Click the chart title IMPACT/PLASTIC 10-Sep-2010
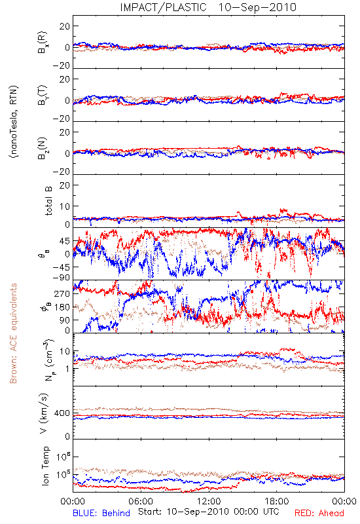pyautogui.click(x=208, y=7)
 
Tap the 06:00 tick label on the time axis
pyautogui.click(x=141, y=501)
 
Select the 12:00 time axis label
pyautogui.click(x=209, y=501)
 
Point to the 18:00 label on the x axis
pyautogui.click(x=277, y=501)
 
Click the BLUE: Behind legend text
pyautogui.click(x=101, y=513)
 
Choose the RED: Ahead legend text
pyautogui.click(x=319, y=513)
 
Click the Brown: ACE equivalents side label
pyautogui.click(x=13, y=333)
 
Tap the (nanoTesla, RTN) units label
pyautogui.click(x=14, y=122)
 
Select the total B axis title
pyautogui.click(x=48, y=201)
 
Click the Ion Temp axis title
pyautogui.click(x=45, y=466)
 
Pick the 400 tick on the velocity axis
pyautogui.click(x=62, y=413)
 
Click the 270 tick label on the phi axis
pyautogui.click(x=62, y=293)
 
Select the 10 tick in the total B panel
pyautogui.click(x=65, y=206)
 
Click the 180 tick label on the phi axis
pyautogui.click(x=62, y=307)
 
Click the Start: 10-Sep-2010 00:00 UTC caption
pyautogui.click(x=208, y=512)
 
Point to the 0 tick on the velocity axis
pyautogui.click(x=67, y=436)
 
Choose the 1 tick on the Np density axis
pyautogui.click(x=68, y=369)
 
